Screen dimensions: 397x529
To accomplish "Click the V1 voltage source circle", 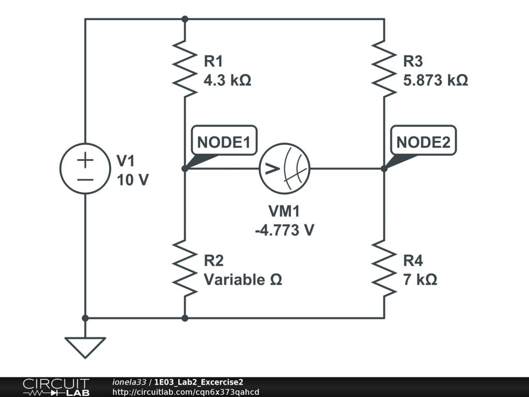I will [85, 169].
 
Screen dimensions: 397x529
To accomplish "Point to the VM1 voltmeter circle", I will [284, 169].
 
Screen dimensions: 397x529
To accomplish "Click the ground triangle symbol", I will [85, 347].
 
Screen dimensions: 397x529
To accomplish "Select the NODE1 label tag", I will [224, 143].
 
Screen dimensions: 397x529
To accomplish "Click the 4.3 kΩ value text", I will [227, 81].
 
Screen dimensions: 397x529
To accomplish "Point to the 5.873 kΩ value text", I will [435, 81].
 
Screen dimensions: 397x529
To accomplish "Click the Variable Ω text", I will [243, 280].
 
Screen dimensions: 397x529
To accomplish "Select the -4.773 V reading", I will [284, 230].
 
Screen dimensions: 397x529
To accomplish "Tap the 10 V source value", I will [133, 181].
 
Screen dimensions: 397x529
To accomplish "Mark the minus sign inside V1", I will [85, 179].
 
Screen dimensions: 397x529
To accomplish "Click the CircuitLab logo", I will [56, 387].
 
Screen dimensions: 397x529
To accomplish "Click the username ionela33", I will [130, 382].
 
